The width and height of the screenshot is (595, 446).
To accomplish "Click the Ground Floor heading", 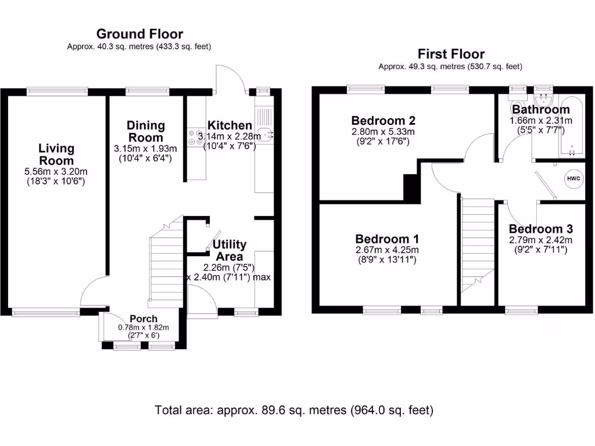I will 139,34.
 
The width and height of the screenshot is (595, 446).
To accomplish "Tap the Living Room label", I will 56,154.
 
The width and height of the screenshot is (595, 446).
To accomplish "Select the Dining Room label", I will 146,131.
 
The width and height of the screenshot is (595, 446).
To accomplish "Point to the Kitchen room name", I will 230,125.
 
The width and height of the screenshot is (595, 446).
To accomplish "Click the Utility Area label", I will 229,250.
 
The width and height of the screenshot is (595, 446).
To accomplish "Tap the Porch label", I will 143,319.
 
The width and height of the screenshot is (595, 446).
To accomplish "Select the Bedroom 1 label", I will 387,239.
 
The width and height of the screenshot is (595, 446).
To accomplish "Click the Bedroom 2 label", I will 383,121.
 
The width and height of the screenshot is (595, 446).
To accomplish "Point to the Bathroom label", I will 540,110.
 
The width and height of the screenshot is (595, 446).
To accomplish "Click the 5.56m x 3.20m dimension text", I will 56,171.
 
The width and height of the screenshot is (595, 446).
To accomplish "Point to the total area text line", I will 294,410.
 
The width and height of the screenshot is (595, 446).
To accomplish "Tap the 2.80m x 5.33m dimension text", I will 383,132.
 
